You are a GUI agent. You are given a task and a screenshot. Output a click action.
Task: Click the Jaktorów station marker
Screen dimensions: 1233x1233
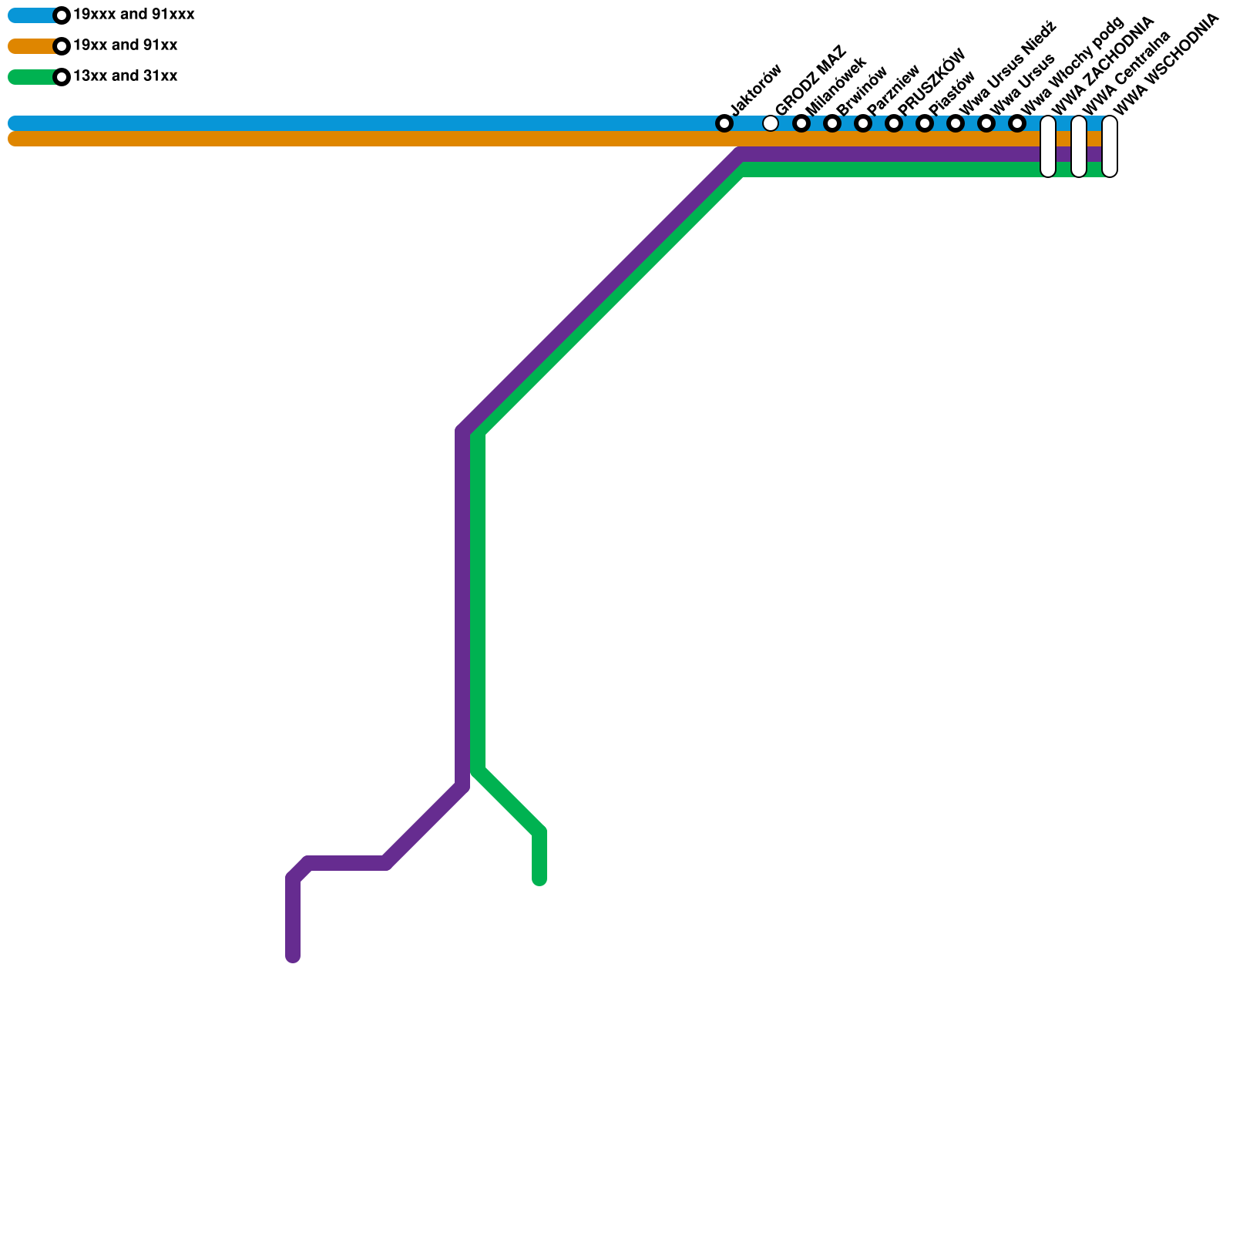coord(724,123)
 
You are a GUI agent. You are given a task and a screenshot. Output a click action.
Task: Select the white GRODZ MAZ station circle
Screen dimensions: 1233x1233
coord(770,123)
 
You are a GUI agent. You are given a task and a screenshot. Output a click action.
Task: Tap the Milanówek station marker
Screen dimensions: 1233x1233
coord(801,123)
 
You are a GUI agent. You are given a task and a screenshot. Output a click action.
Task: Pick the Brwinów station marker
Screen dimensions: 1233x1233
coord(832,123)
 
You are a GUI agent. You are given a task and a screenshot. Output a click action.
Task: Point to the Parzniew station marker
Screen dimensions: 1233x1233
coord(863,123)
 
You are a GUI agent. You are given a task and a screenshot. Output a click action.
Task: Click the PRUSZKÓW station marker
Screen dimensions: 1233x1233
coord(894,123)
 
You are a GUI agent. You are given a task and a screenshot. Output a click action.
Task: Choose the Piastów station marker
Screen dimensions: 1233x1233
coord(925,123)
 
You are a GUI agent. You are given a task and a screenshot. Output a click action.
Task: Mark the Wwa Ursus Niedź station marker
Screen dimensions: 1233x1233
coord(956,123)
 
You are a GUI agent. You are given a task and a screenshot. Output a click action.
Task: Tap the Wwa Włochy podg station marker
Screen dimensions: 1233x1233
coord(1017,123)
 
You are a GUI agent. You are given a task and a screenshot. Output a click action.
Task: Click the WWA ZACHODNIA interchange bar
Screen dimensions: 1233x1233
coord(1048,146)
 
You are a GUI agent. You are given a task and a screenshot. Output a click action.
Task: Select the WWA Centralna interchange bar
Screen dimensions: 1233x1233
coord(1079,146)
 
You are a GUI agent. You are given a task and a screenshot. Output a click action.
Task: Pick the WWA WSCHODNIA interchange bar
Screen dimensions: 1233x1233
coord(1110,146)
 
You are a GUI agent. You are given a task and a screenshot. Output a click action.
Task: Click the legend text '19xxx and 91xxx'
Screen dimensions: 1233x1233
coord(133,15)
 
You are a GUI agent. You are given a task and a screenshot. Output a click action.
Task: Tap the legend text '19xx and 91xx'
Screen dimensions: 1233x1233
coord(125,45)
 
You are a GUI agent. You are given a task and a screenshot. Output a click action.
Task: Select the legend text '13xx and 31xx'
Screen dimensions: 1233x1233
coord(125,76)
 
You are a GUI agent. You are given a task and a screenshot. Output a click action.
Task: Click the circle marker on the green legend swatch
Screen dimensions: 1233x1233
coord(62,77)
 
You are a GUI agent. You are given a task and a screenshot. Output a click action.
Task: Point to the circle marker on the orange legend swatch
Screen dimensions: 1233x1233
coord(62,46)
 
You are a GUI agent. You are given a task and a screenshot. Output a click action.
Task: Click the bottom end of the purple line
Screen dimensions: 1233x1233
coord(293,956)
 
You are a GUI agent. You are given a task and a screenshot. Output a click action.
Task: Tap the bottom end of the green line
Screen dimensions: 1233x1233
coord(539,879)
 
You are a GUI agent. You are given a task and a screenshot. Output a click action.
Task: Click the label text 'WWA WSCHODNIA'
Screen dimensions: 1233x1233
coord(1167,66)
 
